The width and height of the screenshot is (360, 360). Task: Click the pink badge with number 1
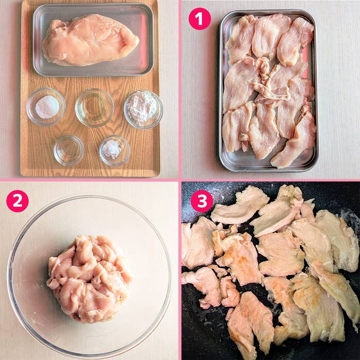click(x=200, y=19)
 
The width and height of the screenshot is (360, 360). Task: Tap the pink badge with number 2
click(x=17, y=201)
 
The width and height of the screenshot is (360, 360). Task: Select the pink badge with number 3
click(x=202, y=201)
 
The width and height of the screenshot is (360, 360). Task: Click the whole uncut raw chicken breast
click(x=90, y=40)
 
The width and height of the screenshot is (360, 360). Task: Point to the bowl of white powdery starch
click(x=143, y=109)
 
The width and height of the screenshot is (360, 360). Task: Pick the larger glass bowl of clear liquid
click(x=94, y=107)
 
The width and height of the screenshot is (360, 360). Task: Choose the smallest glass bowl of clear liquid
click(x=69, y=150)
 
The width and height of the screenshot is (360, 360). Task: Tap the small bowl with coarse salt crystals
click(x=115, y=150)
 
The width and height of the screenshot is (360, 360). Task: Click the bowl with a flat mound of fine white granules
click(x=46, y=107)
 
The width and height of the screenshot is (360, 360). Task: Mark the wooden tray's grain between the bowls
click(x=92, y=138)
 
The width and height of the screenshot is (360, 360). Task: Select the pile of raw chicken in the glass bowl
click(x=89, y=278)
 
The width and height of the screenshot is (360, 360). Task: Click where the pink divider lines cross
click(x=180, y=180)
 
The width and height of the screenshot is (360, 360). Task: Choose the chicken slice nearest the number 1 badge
click(x=241, y=38)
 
